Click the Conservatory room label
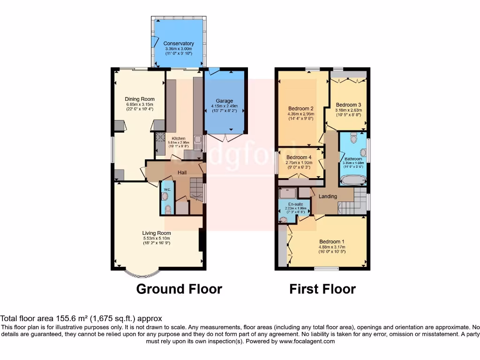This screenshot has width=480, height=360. point(179,44)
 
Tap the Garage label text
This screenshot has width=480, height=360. point(224,101)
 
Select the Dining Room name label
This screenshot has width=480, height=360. point(139,99)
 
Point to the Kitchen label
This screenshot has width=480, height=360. point(178,138)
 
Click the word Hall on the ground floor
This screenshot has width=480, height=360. point(182,172)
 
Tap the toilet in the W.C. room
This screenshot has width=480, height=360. point(167,208)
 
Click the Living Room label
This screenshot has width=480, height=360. point(157,233)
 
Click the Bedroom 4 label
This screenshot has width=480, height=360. point(299,157)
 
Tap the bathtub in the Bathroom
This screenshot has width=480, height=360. point(352,180)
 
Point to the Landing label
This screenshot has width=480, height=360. point(328,196)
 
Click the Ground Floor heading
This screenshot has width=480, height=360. point(179,289)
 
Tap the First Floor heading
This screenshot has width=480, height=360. point(322,289)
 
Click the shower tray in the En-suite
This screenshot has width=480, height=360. point(287,193)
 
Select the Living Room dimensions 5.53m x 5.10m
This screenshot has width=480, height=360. point(157,239)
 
